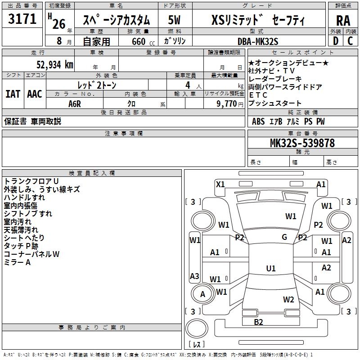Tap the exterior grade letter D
(x=335, y=41)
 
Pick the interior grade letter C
(x=350, y=41)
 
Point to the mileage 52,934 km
(x=50, y=64)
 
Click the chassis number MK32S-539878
(x=302, y=143)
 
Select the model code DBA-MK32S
(x=258, y=41)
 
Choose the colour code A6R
(x=75, y=103)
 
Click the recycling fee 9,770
(x=227, y=103)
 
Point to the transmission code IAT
(x=13, y=94)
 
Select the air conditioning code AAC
(x=35, y=94)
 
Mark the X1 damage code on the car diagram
(x=220, y=184)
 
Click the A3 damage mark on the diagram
(x=194, y=276)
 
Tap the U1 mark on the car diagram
(x=270, y=269)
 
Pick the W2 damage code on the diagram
(x=288, y=299)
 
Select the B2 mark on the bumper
(x=258, y=321)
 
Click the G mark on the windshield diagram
(x=284, y=237)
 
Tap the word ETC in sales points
(x=258, y=95)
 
